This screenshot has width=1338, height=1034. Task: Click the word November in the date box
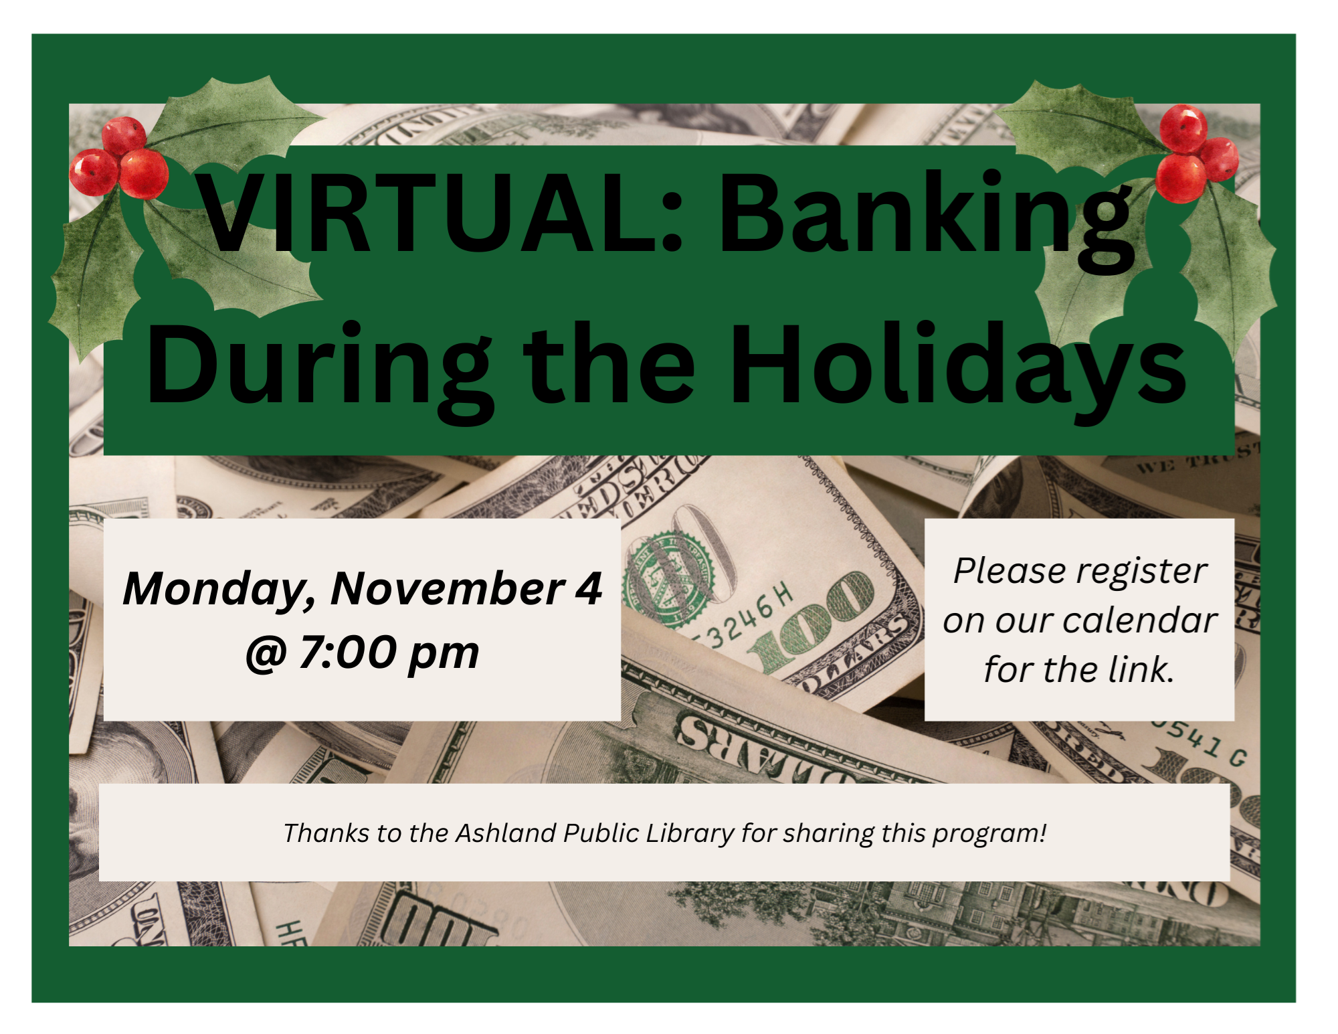(x=448, y=589)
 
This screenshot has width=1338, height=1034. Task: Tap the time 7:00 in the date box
(x=348, y=652)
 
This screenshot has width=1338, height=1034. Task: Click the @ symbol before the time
(x=266, y=655)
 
